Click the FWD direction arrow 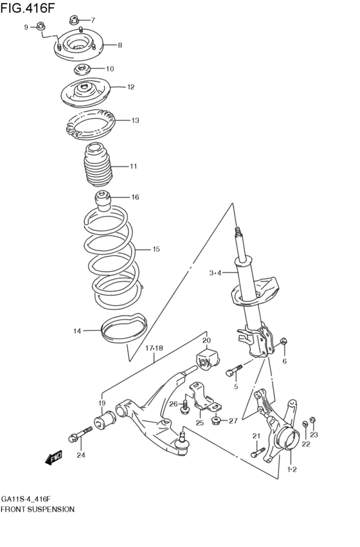pos(54,458)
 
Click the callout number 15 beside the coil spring pos(156,249)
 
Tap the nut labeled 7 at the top pos(73,20)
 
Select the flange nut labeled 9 pos(40,26)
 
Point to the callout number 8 pos(120,45)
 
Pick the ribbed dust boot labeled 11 pos(98,165)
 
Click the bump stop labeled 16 pos(103,201)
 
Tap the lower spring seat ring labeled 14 pos(124,328)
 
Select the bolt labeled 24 pos(81,434)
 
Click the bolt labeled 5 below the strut pos(235,370)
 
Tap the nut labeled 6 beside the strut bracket pos(283,341)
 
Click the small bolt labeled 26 pos(184,407)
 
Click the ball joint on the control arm pos(182,443)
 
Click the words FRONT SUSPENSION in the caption pos(38,509)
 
